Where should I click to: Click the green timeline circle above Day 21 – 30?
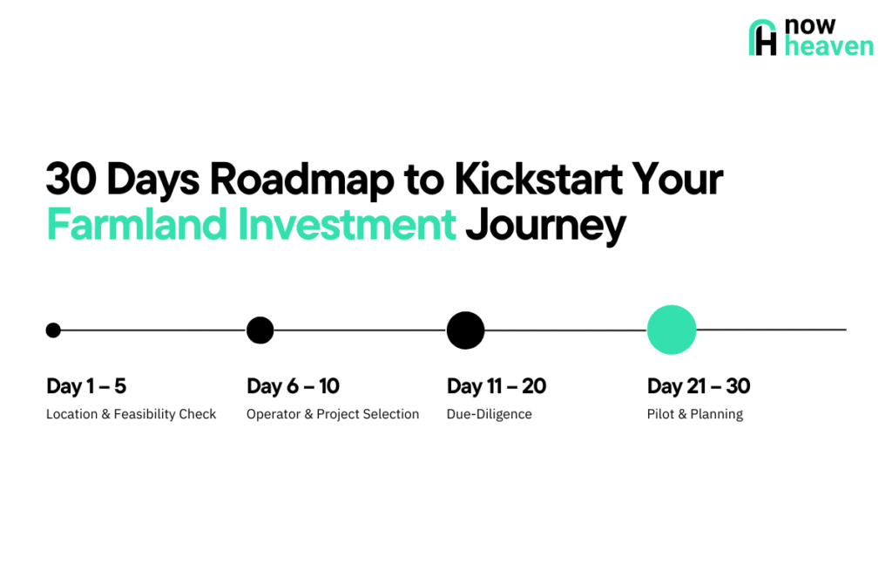[x=672, y=330]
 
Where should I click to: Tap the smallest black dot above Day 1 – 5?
[x=53, y=330]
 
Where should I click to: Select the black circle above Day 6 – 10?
[x=260, y=330]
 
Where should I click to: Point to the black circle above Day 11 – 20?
[x=465, y=330]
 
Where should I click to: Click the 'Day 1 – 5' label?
[x=86, y=386]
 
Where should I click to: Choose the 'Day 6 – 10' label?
[x=293, y=386]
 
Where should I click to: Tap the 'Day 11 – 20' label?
[x=496, y=386]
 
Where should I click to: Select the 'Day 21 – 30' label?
[x=699, y=386]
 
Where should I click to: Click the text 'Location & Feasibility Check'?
[x=131, y=414]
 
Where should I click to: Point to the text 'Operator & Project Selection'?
[x=333, y=414]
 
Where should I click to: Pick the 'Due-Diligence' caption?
[x=490, y=414]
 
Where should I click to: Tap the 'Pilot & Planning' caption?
[x=695, y=414]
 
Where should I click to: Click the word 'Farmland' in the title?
[x=137, y=224]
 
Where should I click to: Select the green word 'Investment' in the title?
[x=347, y=224]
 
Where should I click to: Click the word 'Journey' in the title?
[x=545, y=227]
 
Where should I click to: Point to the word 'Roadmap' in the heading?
[x=301, y=180]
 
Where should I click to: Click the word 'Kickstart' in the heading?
[x=538, y=179]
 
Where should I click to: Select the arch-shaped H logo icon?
[x=762, y=37]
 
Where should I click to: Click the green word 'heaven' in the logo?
[x=829, y=46]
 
